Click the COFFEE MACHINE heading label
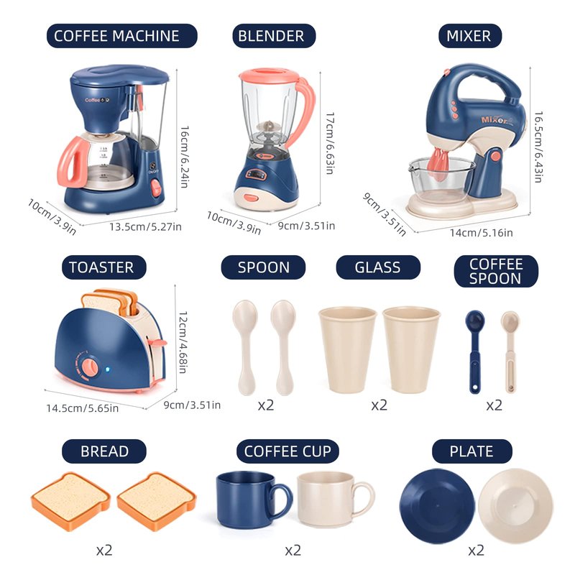coord(121,36)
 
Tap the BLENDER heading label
coord(274,36)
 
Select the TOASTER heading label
coord(103,267)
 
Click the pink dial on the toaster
coord(91,368)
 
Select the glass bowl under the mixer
coord(441,180)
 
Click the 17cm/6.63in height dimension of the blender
coord(330,142)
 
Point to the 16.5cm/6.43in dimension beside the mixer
coord(538,147)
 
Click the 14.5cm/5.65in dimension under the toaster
coord(82,408)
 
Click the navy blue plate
coord(437,506)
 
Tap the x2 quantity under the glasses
coord(379,405)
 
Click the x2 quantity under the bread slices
coord(104,550)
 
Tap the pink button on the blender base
coord(251,198)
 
